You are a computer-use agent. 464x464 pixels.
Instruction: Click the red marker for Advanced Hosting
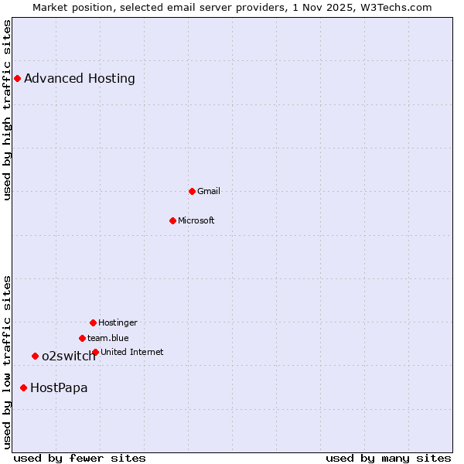coord(17,78)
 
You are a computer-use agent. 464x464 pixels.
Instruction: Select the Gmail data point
coord(192,191)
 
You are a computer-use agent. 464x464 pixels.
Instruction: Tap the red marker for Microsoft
coord(172,220)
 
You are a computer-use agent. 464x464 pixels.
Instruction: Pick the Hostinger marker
coord(93,322)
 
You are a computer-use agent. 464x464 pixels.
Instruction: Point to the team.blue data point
coord(82,338)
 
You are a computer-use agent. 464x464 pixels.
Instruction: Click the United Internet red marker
coord(95,352)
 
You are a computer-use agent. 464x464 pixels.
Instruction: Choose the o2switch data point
coord(35,356)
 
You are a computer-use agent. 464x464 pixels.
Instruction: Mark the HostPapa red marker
coord(23,387)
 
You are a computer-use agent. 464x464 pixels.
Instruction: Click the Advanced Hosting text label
coord(80,78)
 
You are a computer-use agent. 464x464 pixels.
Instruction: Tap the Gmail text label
coord(209,191)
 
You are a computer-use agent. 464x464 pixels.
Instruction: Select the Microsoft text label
coord(196,220)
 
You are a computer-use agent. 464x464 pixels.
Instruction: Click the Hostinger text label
coord(118,322)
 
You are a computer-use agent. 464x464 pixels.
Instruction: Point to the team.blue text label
coord(108,338)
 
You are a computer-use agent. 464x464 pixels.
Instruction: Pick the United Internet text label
coord(132,352)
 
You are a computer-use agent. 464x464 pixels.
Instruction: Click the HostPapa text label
coord(59,387)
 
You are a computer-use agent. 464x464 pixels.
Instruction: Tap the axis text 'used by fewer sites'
coord(80,458)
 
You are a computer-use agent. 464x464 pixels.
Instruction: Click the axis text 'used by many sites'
coord(388,458)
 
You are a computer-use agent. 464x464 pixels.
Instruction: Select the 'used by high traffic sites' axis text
coord(8,110)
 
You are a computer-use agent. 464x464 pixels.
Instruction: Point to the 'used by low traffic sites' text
coord(8,362)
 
